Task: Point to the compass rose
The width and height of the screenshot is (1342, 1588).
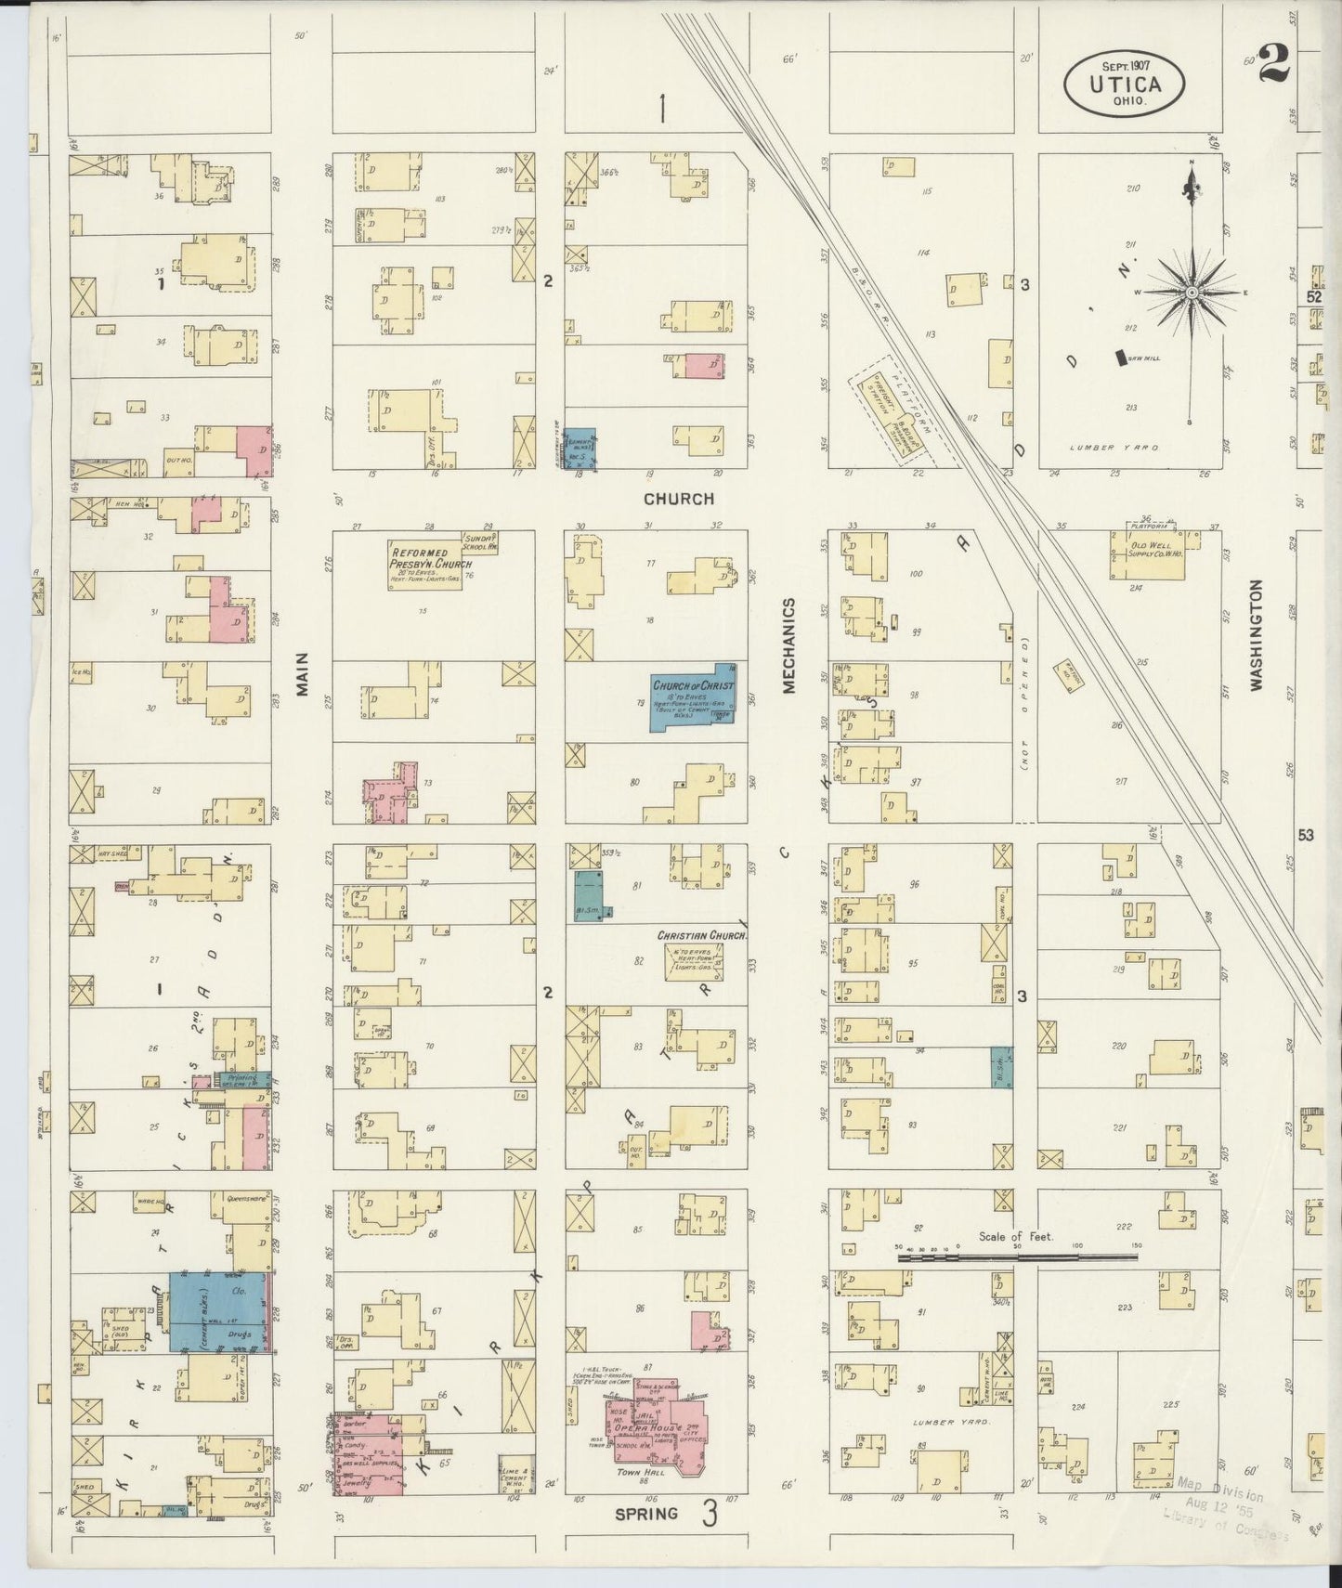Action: (1190, 293)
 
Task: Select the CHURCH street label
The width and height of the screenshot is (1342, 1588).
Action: (679, 499)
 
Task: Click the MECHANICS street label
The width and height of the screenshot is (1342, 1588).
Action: (788, 645)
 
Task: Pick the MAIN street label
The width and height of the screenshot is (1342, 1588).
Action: (303, 672)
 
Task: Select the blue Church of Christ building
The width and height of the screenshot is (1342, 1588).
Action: (693, 697)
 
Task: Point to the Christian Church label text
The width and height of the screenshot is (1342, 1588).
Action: (702, 935)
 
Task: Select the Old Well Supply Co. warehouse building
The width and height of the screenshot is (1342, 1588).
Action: (1146, 555)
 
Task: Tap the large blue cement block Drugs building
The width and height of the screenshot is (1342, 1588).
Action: (219, 1312)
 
